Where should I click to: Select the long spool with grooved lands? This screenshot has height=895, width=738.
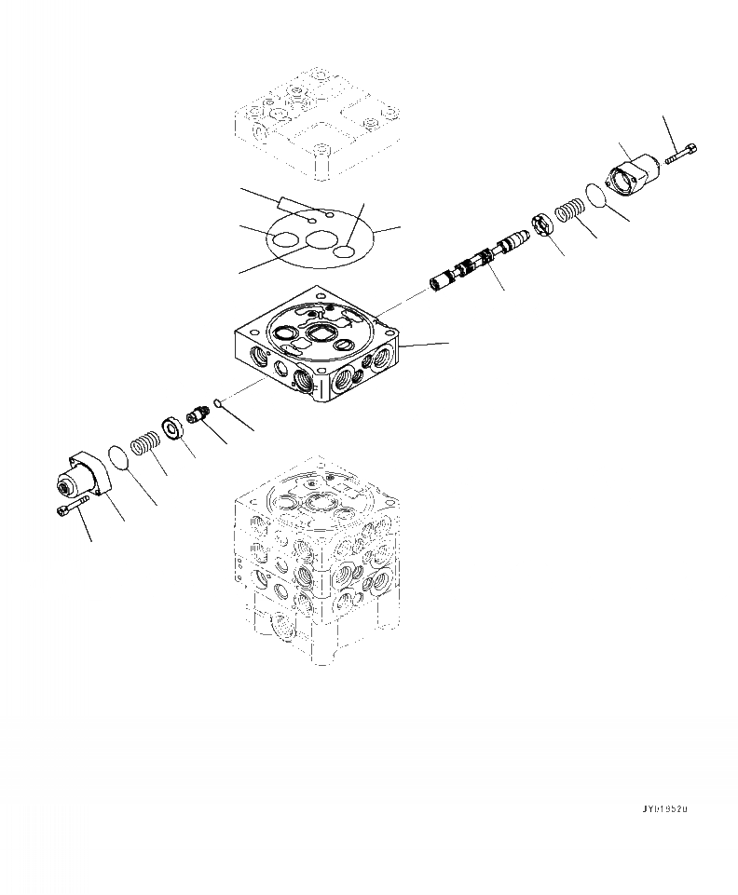pos(478,264)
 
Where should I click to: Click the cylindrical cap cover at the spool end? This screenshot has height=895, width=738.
pos(633,173)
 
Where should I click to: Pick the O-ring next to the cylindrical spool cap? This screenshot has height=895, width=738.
pos(593,197)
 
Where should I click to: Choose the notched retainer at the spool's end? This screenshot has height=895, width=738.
pos(544,227)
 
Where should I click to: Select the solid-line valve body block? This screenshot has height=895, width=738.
pos(317,354)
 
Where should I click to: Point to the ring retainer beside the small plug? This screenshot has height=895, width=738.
pos(172,428)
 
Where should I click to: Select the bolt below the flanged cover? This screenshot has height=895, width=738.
pos(71,508)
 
